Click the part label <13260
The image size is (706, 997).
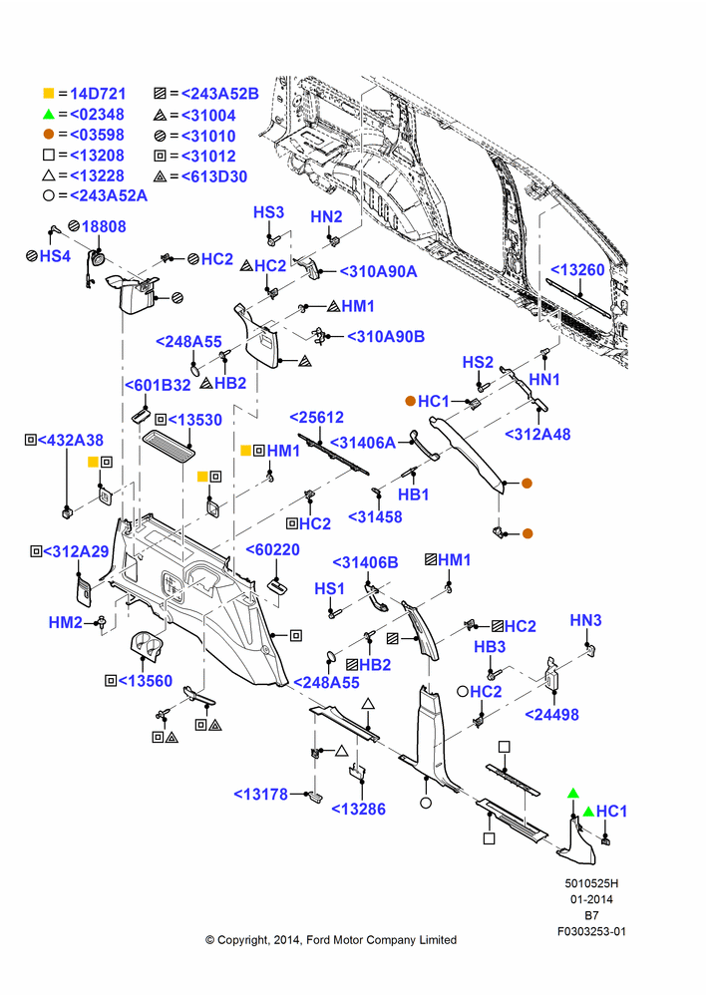[x=577, y=269]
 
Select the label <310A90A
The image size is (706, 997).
[x=379, y=271]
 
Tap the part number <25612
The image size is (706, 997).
[x=317, y=417]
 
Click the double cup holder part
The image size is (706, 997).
[x=148, y=648]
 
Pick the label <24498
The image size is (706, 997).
[x=552, y=714]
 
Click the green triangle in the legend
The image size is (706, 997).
[x=49, y=115]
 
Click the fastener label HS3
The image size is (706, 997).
[x=268, y=212]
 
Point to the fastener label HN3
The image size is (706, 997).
[x=585, y=620]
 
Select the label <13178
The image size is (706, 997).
[x=261, y=794]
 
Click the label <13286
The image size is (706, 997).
[x=359, y=809]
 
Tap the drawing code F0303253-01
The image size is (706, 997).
[x=591, y=931]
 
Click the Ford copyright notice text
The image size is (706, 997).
[x=331, y=940]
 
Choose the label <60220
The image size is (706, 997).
[x=273, y=549]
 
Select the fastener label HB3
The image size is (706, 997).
[x=490, y=647]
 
